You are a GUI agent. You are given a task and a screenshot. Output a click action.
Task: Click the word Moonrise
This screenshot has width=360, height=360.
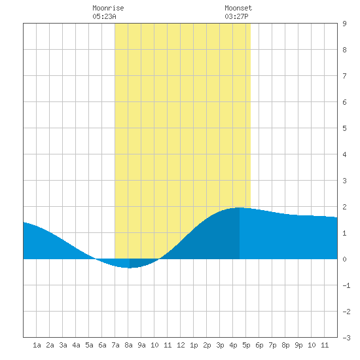point(108,8)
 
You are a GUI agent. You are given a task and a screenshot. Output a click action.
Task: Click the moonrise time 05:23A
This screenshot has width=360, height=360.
point(105,16)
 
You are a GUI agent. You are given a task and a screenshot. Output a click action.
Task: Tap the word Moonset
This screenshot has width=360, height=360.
point(238,8)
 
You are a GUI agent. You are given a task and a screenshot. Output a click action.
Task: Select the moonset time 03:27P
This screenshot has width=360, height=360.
point(236,16)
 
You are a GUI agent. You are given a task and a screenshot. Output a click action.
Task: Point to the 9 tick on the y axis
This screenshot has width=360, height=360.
point(344,24)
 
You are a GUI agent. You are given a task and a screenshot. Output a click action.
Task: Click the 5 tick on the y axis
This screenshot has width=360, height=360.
point(344,128)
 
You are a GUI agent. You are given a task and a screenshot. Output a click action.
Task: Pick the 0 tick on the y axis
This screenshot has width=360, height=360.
point(344,259)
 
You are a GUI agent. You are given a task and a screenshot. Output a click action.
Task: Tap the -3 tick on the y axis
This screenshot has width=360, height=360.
point(346,338)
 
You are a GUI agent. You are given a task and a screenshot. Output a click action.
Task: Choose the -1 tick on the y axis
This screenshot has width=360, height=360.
point(346,285)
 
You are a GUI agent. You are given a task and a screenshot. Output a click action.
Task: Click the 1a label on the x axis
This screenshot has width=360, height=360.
point(37,345)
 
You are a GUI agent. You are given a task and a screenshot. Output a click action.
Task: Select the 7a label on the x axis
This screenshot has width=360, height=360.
point(115,345)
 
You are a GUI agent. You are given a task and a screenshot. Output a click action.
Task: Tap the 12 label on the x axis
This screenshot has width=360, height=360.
point(181,345)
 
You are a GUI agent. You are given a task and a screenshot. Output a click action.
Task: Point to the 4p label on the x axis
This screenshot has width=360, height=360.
point(233,345)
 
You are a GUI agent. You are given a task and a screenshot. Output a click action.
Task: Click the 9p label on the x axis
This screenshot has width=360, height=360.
point(298,345)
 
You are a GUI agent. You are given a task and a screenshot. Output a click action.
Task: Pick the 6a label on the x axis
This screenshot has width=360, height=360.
point(102,345)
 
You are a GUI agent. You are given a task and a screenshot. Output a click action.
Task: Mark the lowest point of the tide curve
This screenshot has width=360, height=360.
point(130,268)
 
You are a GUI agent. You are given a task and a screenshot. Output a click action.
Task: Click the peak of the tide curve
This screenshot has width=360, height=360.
point(240,207)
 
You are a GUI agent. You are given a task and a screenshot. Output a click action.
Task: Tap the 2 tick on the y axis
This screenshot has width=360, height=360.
point(344,207)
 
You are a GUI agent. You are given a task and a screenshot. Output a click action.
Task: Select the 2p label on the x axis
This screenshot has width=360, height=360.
point(207,345)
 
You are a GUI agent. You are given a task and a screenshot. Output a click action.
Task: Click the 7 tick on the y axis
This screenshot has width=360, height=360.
point(344,76)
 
